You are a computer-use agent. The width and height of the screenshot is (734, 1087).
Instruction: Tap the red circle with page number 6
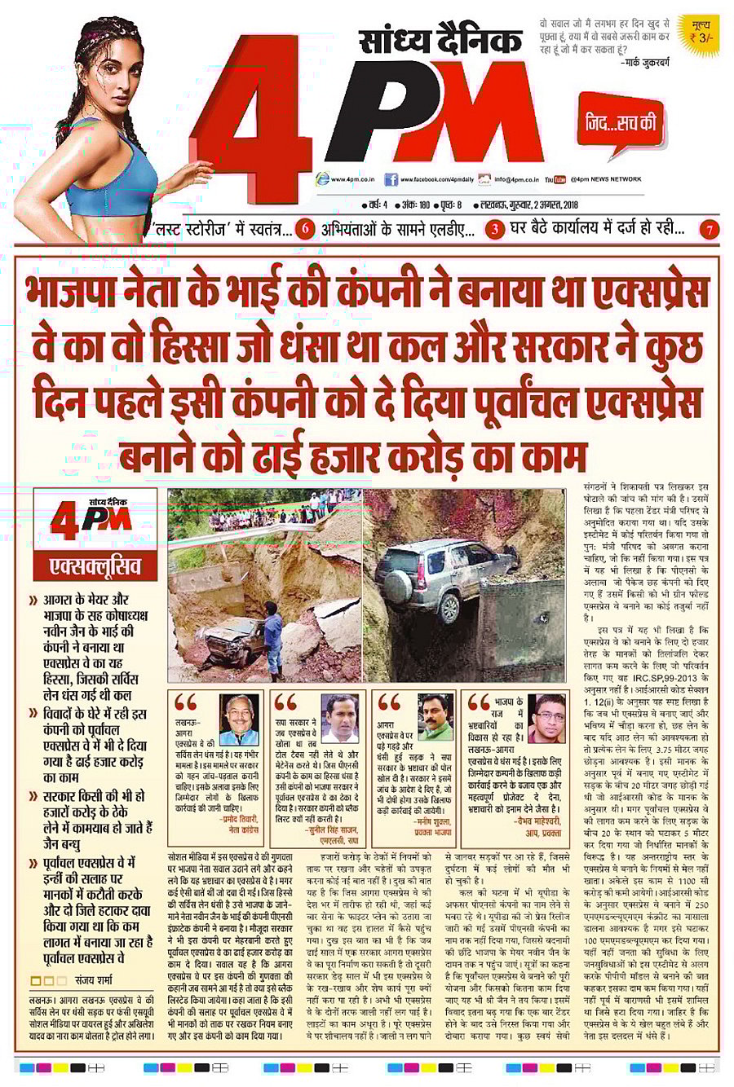[305, 229]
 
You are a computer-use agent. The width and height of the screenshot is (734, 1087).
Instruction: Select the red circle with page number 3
[495, 230]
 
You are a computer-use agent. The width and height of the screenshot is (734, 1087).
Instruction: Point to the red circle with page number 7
[711, 230]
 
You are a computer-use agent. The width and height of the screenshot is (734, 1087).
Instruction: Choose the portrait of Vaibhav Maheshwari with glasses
[546, 717]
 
